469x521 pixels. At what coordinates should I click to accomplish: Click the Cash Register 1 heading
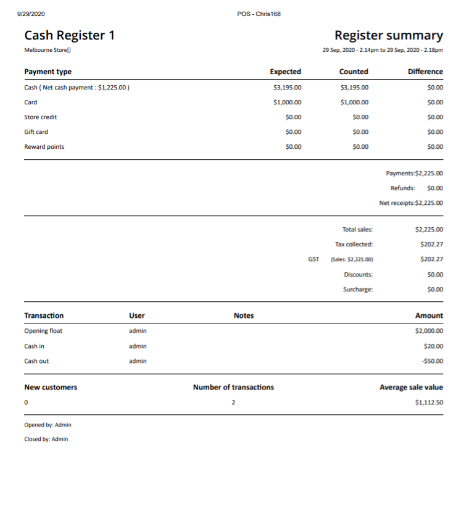(69, 36)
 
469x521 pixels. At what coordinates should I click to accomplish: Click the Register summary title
(388, 36)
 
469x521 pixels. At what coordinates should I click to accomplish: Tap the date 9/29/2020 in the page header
(31, 14)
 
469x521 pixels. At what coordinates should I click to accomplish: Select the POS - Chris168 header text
(259, 14)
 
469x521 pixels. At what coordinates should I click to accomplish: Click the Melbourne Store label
(47, 50)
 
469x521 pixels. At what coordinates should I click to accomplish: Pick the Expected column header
(285, 72)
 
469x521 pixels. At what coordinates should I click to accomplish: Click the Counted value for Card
(354, 102)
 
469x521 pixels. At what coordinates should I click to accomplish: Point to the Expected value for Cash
(287, 88)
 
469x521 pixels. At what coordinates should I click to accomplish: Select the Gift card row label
(36, 132)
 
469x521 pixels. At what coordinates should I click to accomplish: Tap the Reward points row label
(44, 147)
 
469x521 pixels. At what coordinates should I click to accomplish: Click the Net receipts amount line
(411, 202)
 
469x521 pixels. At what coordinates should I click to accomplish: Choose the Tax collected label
(358, 244)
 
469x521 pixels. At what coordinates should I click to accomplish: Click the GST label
(313, 259)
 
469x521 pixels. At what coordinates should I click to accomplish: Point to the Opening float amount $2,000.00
(429, 331)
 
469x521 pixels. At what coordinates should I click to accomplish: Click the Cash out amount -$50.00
(431, 361)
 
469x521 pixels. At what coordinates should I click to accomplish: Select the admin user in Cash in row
(138, 346)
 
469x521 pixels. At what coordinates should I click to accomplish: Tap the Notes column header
(244, 315)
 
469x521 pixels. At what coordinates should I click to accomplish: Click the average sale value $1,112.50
(429, 402)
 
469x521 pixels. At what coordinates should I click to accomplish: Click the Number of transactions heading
(233, 387)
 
